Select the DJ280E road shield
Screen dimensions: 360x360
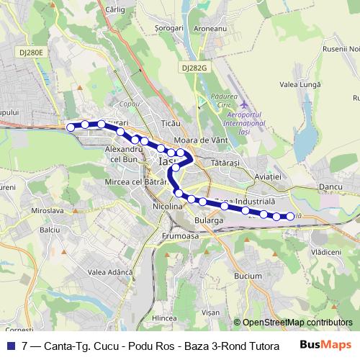(32, 53)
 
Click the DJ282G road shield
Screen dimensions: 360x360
(194, 67)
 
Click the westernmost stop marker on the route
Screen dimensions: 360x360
(71, 127)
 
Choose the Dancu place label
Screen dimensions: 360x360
(330, 187)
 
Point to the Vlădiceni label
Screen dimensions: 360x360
(326, 252)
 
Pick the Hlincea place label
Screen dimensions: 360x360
(165, 317)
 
